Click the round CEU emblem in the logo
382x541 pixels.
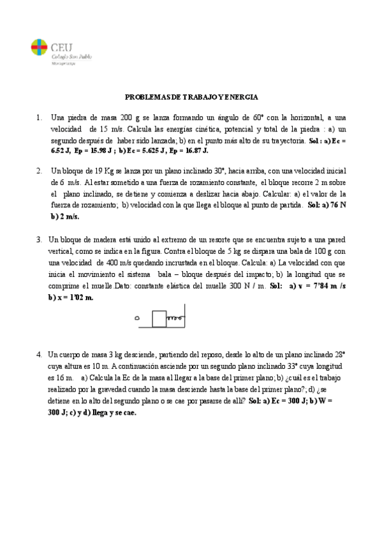[39, 47]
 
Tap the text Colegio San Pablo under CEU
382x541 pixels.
[71, 56]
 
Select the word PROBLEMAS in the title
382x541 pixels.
[145, 97]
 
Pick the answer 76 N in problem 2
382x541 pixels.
[337, 205]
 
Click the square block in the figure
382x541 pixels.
[159, 316]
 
